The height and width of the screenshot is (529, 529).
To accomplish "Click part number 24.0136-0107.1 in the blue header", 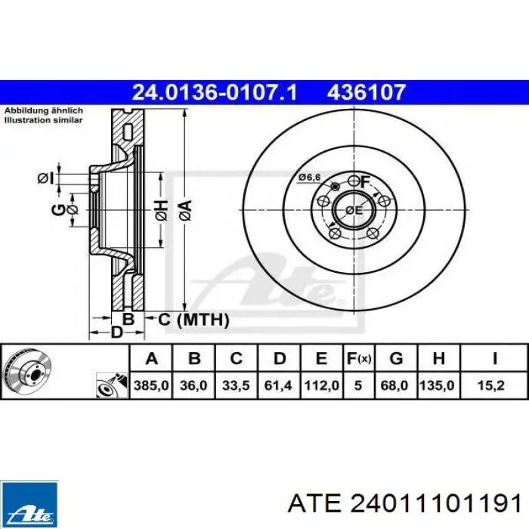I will coord(215,93).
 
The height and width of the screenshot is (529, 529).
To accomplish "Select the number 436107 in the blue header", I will coord(367,93).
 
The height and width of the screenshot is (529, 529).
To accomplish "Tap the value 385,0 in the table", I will coord(151,385).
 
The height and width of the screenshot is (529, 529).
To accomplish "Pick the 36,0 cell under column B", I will coord(194,385).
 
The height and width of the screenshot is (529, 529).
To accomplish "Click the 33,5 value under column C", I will coord(237,385).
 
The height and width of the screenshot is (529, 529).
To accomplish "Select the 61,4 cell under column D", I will coord(278,385).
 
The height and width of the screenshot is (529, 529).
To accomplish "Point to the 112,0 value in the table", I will coord(321,385).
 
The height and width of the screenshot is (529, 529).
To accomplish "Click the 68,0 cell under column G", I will coord(394,385).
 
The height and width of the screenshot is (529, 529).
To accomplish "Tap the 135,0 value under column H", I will coord(438,385).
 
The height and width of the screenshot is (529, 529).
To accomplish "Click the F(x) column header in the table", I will coord(358,358).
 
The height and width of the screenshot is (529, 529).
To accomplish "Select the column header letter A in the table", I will coord(151,358).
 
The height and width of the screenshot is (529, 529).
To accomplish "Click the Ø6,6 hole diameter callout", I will coord(309,178).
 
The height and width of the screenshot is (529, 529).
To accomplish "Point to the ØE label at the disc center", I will coord(353,209).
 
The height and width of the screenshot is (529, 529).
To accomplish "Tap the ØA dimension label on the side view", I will coord(184,209).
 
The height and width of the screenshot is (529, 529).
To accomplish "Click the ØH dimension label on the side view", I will coord(160,209).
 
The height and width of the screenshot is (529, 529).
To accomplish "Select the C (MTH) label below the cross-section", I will coord(193,320).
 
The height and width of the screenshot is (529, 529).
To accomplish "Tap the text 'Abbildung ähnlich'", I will coord(44,110).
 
